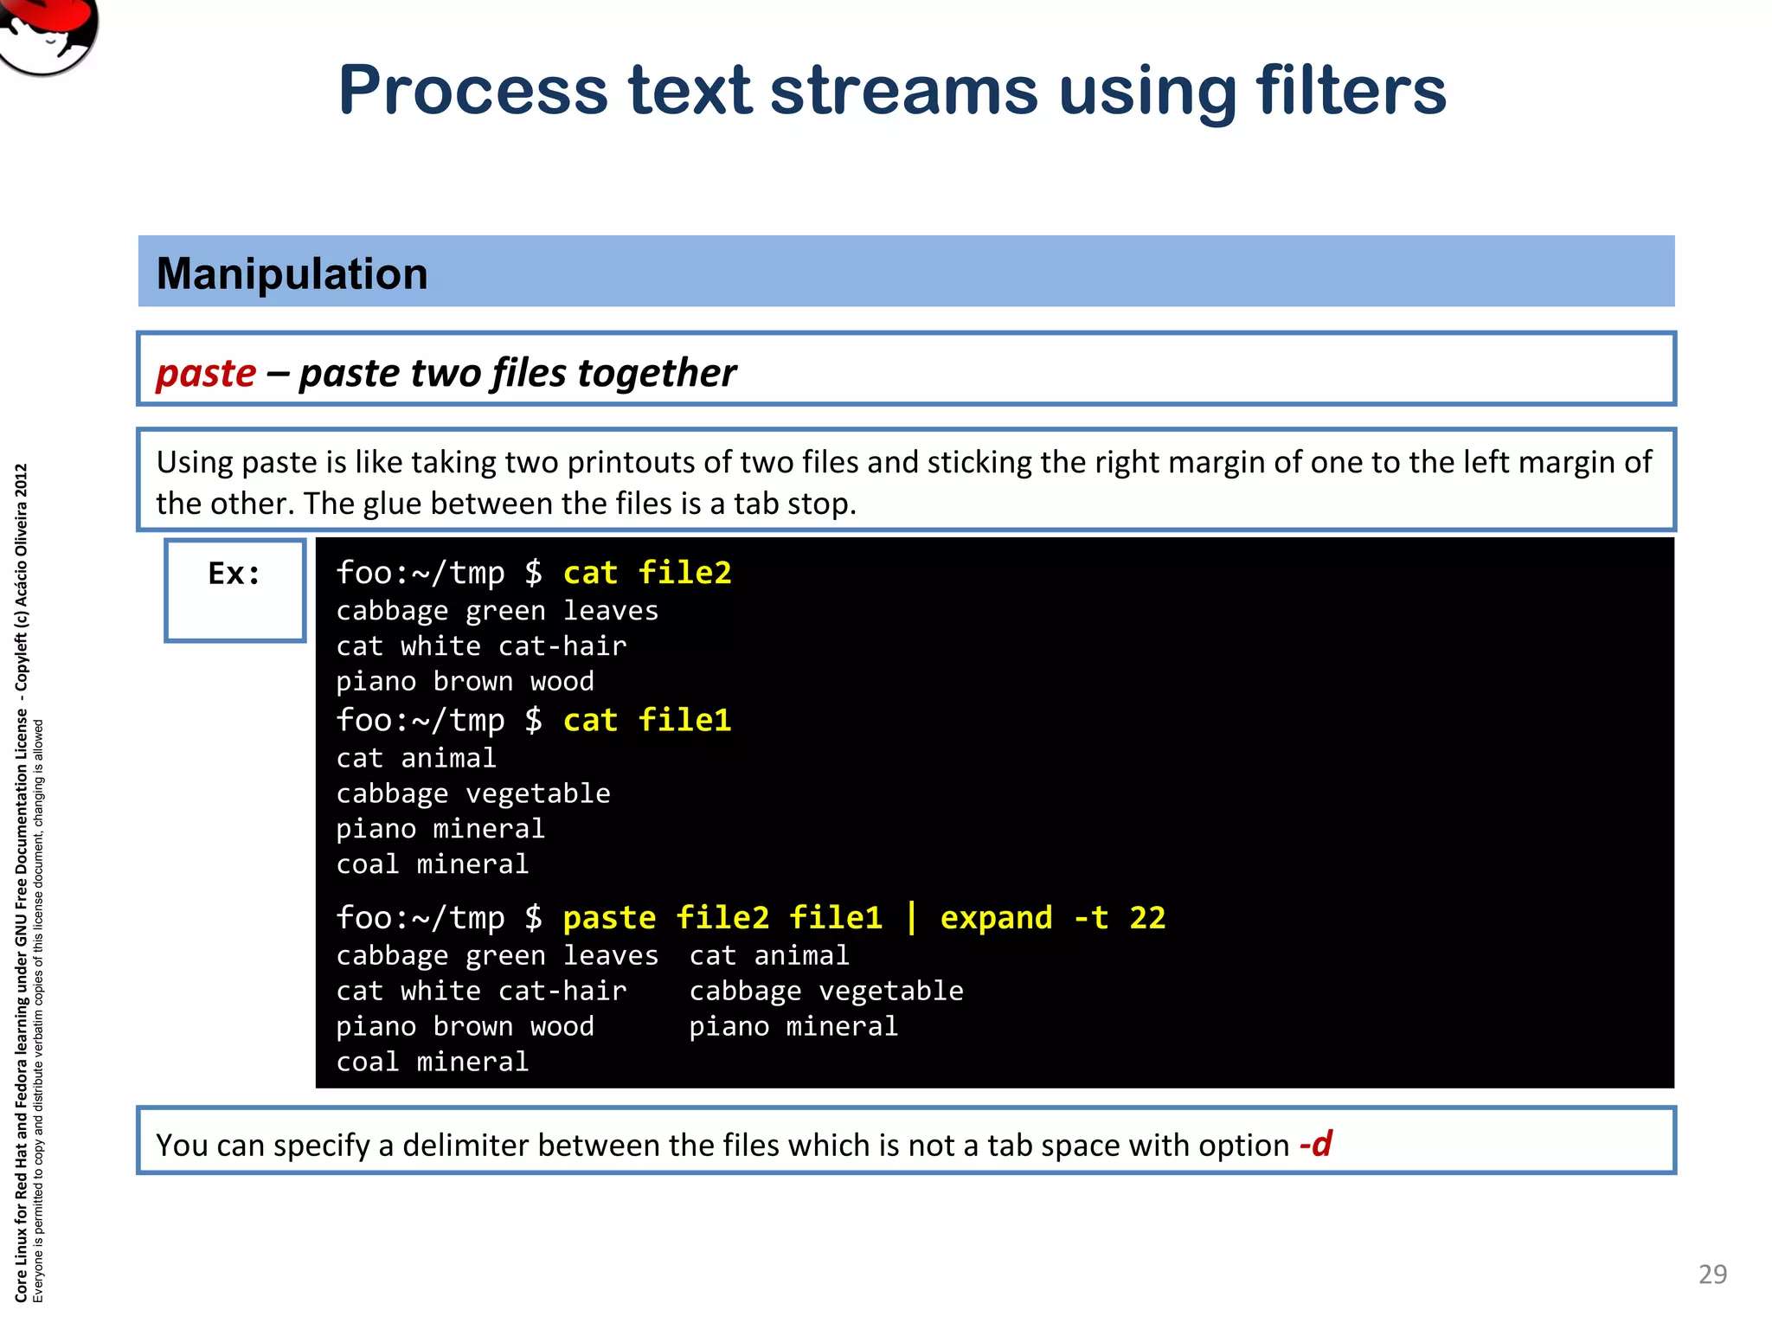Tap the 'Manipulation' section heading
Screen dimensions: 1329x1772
(292, 273)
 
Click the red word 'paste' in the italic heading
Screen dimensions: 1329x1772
(206, 373)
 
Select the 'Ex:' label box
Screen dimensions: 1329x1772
(234, 589)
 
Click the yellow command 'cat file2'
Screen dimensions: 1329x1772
(646, 573)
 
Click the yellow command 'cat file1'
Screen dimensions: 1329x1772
(646, 720)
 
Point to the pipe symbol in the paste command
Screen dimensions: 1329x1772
(911, 917)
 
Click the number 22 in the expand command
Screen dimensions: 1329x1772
(1147, 917)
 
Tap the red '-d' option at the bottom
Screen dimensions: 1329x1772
(1315, 1144)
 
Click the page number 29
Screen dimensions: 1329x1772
(1712, 1274)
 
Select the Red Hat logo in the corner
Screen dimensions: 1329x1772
(48, 35)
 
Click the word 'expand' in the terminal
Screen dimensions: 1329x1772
(996, 917)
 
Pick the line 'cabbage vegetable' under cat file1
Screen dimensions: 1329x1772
(473, 793)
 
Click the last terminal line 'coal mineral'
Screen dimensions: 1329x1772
(432, 1062)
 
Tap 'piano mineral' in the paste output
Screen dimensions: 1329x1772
(793, 1026)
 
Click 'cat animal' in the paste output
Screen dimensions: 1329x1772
(768, 955)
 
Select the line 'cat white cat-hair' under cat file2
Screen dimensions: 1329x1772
(481, 646)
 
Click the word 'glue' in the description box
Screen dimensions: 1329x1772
(392, 504)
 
